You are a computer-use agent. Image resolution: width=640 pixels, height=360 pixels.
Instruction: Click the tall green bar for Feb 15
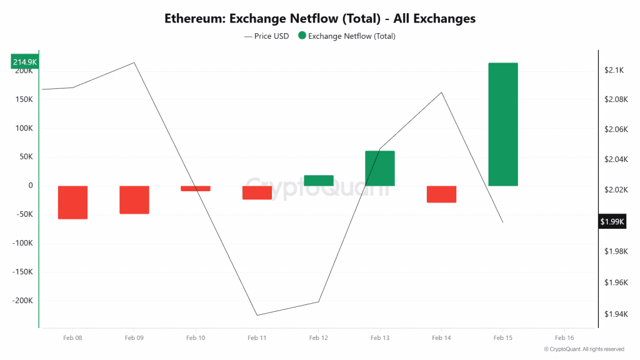pyautogui.click(x=502, y=124)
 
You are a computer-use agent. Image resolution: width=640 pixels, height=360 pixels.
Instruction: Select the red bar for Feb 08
pyautogui.click(x=72, y=202)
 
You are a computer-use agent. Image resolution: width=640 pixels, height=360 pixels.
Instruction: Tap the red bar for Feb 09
pyautogui.click(x=134, y=200)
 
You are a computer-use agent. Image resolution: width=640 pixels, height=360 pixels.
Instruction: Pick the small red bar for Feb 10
pyautogui.click(x=196, y=188)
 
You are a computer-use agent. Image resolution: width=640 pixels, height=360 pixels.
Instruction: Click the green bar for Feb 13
pyautogui.click(x=380, y=168)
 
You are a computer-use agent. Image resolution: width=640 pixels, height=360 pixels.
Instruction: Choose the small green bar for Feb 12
pyautogui.click(x=318, y=181)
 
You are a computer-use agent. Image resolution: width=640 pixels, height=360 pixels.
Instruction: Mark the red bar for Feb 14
pyautogui.click(x=441, y=194)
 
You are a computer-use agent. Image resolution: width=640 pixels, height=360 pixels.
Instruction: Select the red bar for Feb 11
pyautogui.click(x=257, y=192)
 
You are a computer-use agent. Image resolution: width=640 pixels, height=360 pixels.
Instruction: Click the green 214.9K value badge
pyautogui.click(x=25, y=62)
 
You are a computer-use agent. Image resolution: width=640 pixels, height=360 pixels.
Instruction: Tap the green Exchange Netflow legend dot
pyautogui.click(x=302, y=36)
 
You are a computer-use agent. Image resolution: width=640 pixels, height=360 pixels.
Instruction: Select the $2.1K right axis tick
pyautogui.click(x=614, y=71)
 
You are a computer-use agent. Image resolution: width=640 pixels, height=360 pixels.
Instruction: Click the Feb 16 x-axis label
pyautogui.click(x=564, y=337)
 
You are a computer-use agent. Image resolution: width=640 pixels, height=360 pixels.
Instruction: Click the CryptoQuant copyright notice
pyautogui.click(x=584, y=349)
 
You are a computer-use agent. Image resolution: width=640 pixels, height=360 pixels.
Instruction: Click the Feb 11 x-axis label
pyautogui.click(x=257, y=337)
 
